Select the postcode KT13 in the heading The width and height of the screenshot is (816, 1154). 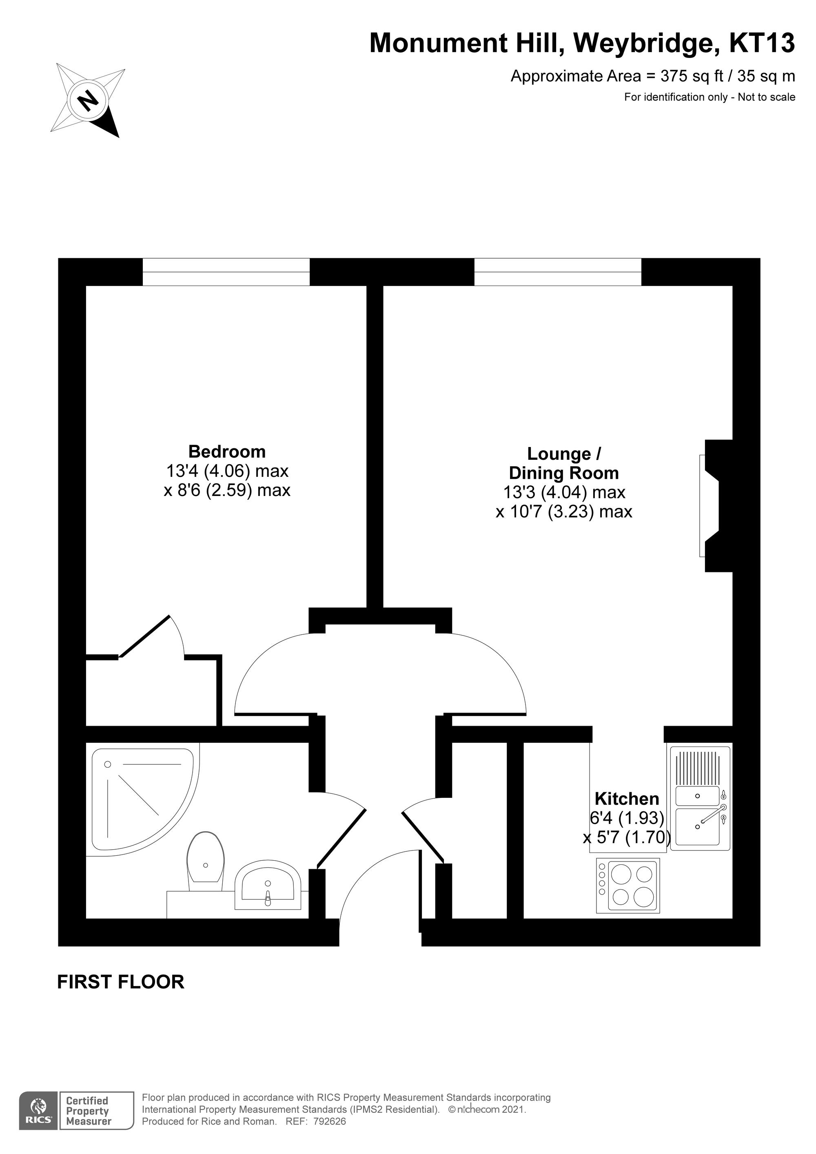[x=762, y=44]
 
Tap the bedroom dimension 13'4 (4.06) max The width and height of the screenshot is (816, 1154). [x=227, y=471]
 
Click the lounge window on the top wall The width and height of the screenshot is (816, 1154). [x=558, y=272]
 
